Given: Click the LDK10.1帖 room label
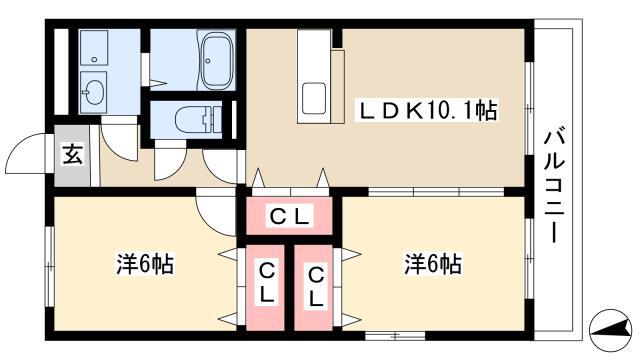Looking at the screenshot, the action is (427, 110).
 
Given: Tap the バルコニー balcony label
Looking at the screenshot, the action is (554, 186).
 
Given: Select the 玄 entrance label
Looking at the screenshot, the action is (73, 155).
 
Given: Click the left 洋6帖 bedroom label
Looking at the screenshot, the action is (145, 264).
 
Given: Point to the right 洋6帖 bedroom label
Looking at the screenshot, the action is (433, 264).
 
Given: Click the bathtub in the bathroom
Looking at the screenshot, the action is (218, 60).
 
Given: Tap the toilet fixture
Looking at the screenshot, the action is (198, 119).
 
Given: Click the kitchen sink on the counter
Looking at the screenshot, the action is (313, 99).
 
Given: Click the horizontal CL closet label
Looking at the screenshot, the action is (289, 216).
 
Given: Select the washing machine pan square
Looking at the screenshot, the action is (94, 47).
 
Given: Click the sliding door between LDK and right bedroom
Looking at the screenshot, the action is (436, 191).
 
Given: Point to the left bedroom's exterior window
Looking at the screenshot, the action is (49, 266).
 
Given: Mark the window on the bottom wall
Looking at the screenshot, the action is (395, 336).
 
